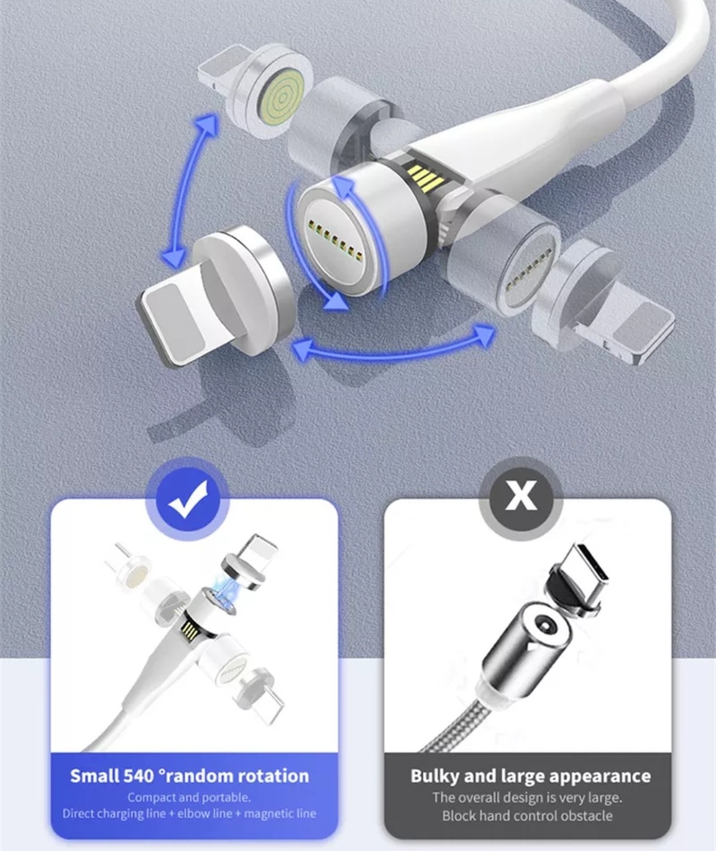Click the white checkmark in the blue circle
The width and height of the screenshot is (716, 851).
[x=188, y=498]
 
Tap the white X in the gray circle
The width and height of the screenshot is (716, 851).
[x=520, y=495]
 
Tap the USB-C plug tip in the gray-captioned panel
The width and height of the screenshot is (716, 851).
[x=586, y=566]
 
